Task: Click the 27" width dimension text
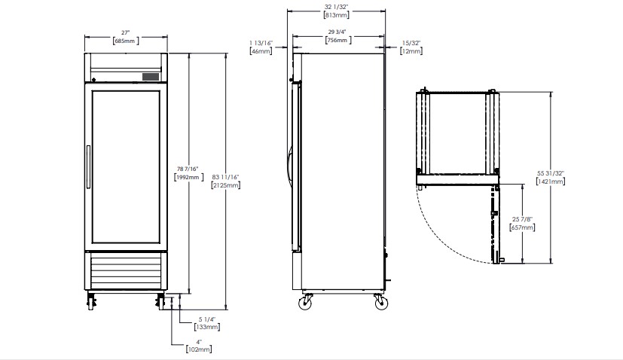(126, 32)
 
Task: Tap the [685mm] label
(126, 41)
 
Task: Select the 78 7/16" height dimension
(188, 169)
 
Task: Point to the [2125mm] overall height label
(226, 185)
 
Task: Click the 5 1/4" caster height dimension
(207, 319)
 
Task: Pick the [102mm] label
(199, 349)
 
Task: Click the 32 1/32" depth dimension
(336, 7)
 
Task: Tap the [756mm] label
(338, 40)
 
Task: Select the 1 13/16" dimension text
(261, 43)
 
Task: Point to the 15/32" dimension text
(411, 43)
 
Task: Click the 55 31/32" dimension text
(551, 173)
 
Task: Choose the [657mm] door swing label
(522, 227)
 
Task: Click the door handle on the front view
(88, 167)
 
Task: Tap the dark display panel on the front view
(151, 77)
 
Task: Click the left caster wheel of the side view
(305, 302)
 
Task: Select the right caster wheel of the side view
(380, 302)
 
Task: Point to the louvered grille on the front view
(126, 271)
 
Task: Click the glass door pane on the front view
(126, 167)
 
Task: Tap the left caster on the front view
(91, 301)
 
